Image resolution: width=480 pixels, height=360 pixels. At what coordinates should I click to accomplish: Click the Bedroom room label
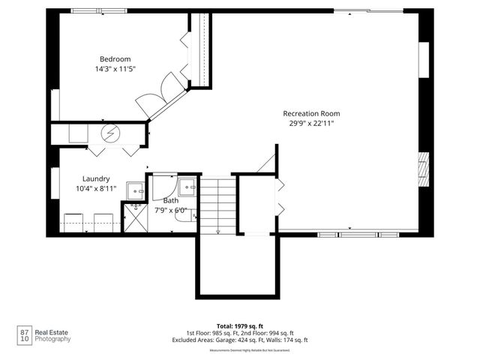[x=115, y=59]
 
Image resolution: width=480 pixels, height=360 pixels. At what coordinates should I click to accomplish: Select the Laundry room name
[x=97, y=178]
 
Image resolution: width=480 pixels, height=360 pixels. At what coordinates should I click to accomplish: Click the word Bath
[x=171, y=200]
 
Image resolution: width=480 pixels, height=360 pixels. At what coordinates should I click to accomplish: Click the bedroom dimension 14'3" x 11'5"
[x=115, y=69]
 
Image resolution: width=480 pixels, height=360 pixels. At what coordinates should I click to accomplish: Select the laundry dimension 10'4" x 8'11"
[x=97, y=188]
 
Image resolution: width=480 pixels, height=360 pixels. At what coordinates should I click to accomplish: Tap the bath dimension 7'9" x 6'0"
[x=172, y=210]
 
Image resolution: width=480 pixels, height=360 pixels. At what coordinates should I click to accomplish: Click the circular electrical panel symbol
[x=111, y=133]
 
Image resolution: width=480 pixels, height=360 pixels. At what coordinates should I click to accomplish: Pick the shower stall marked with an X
[x=136, y=218]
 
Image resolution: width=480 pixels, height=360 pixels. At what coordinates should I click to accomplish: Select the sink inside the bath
[x=187, y=186]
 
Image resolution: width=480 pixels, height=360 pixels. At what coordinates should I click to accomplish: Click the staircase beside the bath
[x=217, y=204]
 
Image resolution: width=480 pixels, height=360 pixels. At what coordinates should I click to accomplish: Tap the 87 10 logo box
[x=24, y=335]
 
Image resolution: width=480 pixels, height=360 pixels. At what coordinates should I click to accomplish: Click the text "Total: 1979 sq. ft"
[x=239, y=325]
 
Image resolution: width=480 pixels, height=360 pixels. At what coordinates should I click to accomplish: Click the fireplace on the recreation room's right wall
[x=424, y=169]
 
